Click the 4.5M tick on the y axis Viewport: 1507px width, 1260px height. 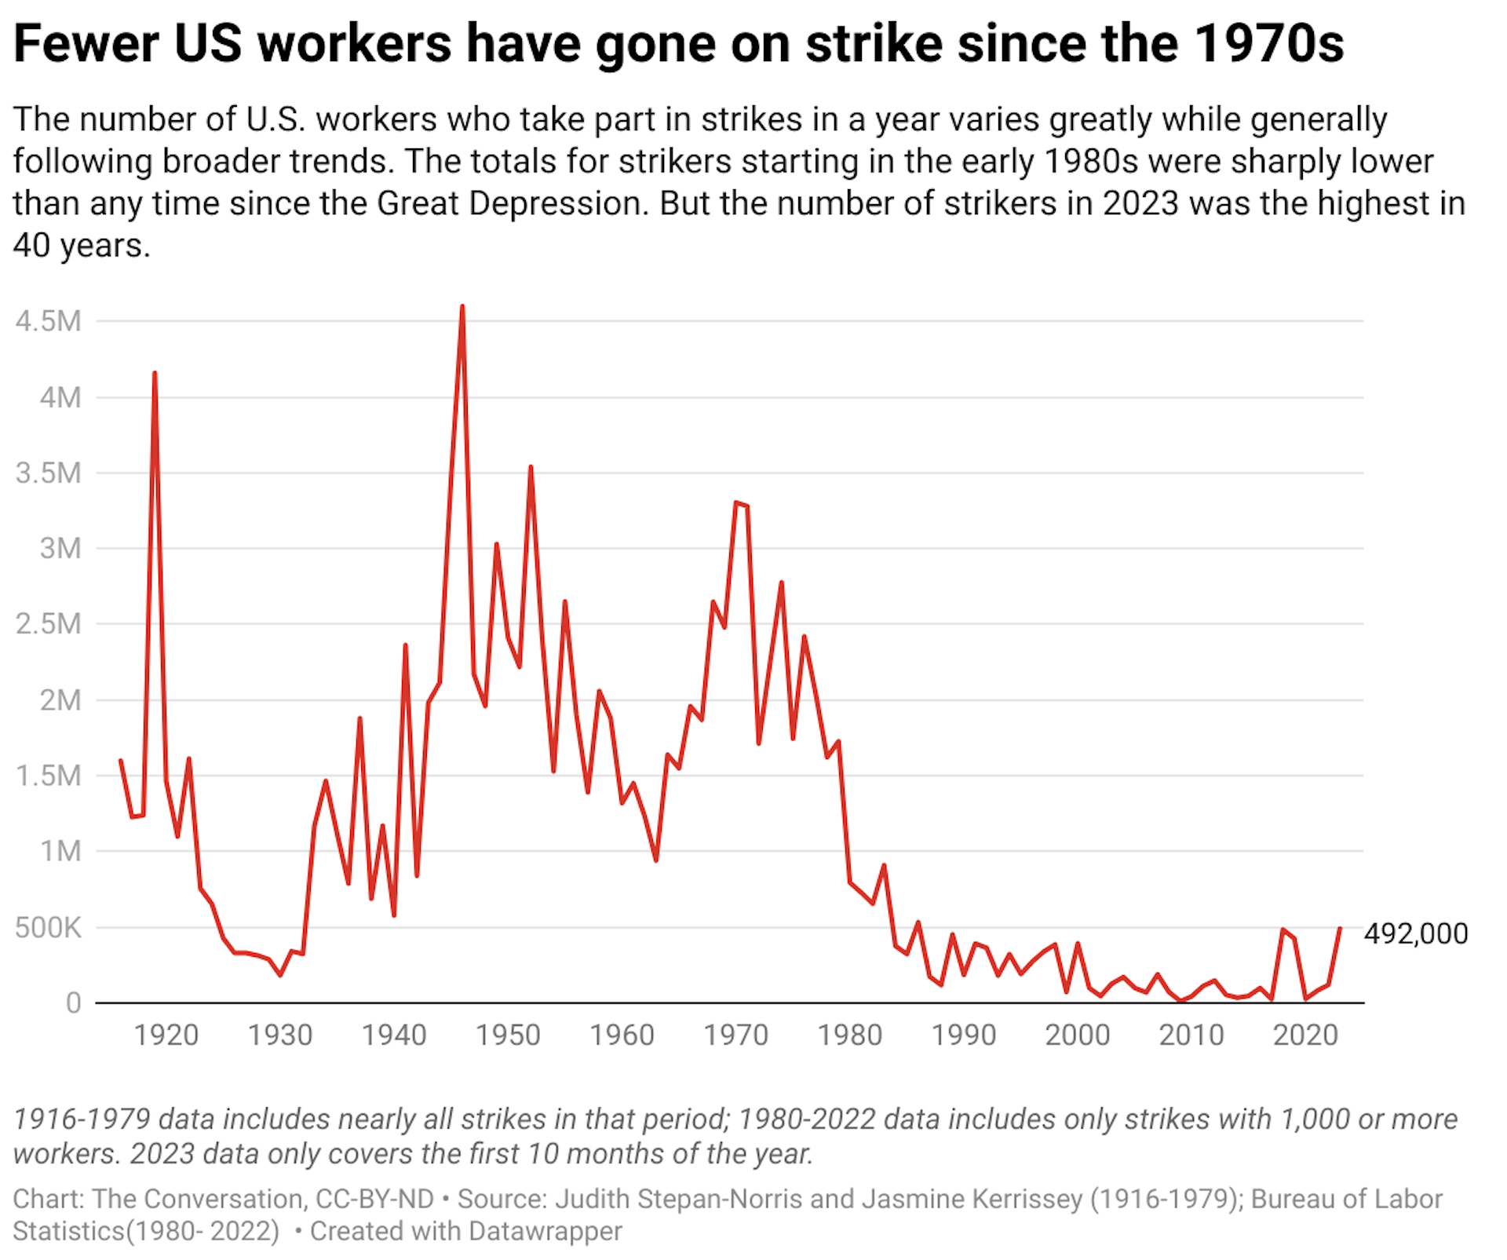(48, 321)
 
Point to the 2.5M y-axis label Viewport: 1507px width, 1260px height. (48, 624)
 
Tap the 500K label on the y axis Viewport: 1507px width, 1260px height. (48, 927)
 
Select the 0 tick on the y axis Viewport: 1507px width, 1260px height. (73, 1003)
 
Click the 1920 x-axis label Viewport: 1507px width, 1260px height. (166, 1035)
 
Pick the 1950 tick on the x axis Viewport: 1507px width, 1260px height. (508, 1035)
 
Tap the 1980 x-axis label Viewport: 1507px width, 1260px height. (850, 1035)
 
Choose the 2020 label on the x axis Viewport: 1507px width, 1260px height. (1305, 1035)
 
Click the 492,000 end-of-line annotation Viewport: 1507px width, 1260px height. (1416, 933)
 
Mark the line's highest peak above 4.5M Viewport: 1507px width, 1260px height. (462, 307)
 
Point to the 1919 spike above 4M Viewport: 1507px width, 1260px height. (155, 373)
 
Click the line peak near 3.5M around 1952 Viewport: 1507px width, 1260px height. (531, 467)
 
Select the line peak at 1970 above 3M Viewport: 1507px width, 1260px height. (736, 502)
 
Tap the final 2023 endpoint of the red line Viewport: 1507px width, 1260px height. (1340, 928)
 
